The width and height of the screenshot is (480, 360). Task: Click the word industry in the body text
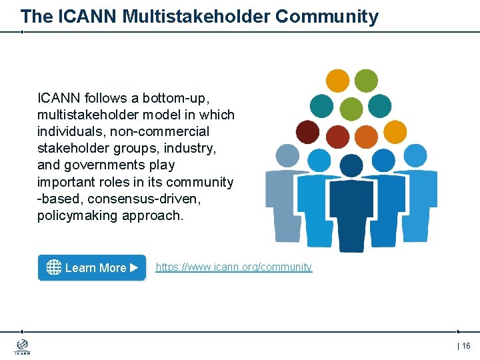[191, 148]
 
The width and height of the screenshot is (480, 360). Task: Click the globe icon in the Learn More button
[54, 267]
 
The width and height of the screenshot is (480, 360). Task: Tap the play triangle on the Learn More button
[134, 267]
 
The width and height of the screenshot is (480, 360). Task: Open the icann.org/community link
[233, 267]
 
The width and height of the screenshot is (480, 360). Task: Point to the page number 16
[465, 345]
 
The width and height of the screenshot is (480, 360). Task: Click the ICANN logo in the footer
[22, 347]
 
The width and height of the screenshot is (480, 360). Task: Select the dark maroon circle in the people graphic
[307, 132]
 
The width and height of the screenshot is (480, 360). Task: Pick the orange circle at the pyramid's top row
[337, 80]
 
